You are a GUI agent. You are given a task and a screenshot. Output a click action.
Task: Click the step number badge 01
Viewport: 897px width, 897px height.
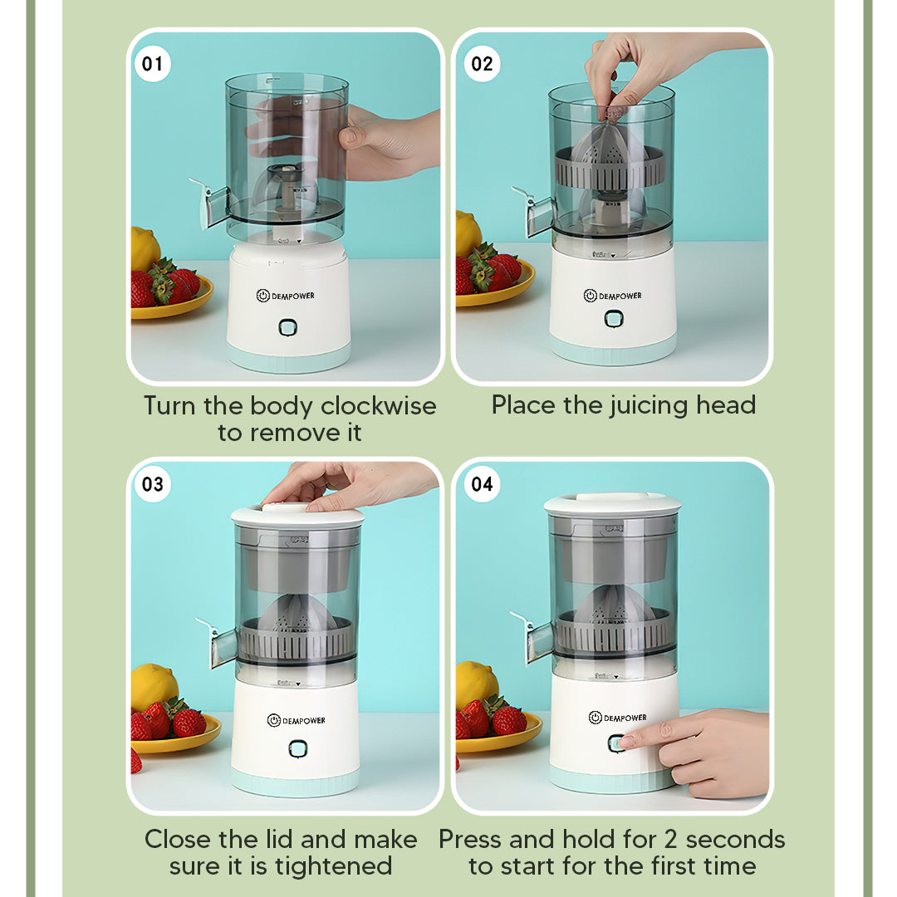[153, 64]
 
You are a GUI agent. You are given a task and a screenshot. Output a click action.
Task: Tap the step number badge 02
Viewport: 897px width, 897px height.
[482, 64]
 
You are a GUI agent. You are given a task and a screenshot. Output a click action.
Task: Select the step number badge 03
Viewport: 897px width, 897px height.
[153, 484]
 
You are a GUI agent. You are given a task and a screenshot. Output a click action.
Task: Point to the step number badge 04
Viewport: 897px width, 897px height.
[482, 484]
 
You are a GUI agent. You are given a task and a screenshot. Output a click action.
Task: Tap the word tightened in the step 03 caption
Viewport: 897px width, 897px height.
[334, 866]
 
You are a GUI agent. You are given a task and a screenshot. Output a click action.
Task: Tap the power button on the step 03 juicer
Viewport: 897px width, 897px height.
[297, 748]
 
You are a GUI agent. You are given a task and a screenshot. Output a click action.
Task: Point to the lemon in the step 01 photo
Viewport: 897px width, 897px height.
[145, 247]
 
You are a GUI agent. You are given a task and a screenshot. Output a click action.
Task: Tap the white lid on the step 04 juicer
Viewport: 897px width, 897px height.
[612, 503]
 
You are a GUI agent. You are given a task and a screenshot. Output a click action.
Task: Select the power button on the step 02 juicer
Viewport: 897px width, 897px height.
[613, 319]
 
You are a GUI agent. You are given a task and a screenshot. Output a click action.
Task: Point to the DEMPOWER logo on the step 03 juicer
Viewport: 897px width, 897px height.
[297, 720]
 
